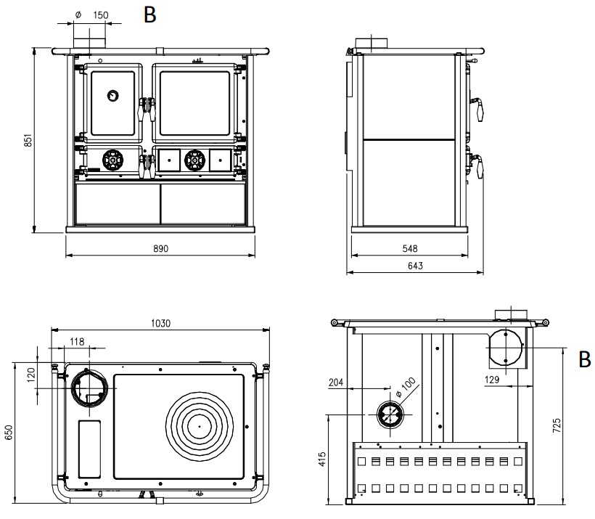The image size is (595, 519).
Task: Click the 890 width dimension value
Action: pos(160,248)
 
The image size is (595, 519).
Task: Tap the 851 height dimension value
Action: pos(27,140)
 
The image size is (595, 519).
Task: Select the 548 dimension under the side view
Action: pos(409,248)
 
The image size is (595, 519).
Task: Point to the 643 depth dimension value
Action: pos(415,266)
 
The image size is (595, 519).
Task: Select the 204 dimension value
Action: pos(336,383)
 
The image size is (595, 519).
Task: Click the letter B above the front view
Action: pos(150,15)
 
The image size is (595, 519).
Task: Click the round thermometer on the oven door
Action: pos(113,95)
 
